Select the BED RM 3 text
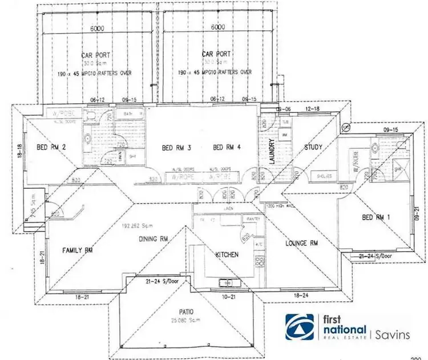pos(176,148)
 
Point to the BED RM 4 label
pos(227,148)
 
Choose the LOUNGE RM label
pos(301,244)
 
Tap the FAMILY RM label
pos(77,250)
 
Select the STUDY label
pos(313,147)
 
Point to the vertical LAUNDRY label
pos(272,153)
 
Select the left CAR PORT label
pos(96,55)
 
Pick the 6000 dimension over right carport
pos(217,27)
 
